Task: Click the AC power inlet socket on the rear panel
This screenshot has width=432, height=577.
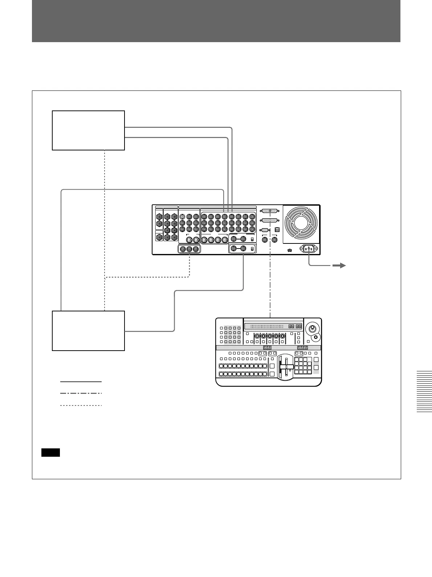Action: [x=309, y=249]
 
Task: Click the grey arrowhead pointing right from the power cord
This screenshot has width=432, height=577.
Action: [x=339, y=266]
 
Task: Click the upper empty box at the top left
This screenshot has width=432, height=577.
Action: [x=88, y=130]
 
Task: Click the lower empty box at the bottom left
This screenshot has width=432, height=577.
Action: [x=88, y=330]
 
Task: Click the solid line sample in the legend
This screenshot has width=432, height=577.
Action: [x=81, y=382]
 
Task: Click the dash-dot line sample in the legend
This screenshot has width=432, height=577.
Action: [x=81, y=393]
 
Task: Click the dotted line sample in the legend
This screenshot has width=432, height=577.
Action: [x=81, y=405]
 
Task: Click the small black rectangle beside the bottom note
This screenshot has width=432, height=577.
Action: [x=50, y=452]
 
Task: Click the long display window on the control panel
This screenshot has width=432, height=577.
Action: [x=273, y=326]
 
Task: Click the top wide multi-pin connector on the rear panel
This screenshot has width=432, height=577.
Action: [x=269, y=211]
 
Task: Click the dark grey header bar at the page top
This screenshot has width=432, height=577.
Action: [x=216, y=21]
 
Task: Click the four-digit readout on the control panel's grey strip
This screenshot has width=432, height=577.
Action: [x=302, y=348]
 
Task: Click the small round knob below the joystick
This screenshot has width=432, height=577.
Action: [x=315, y=337]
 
